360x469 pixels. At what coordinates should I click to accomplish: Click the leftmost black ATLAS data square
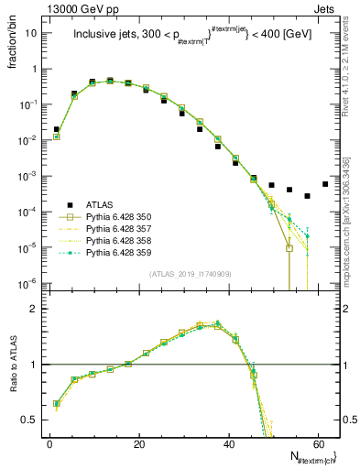57,130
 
